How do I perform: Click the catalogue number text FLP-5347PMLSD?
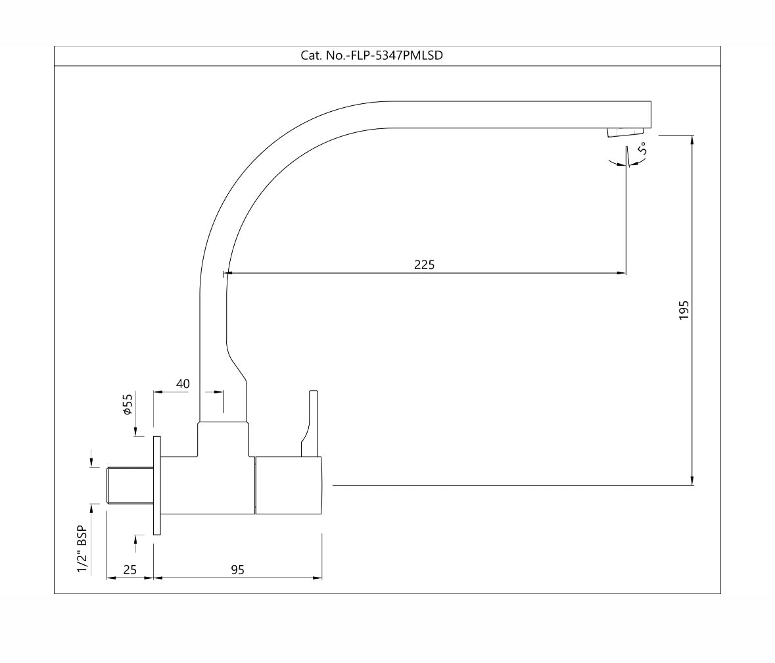point(371,56)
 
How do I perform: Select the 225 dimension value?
point(424,264)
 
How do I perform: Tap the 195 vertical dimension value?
point(684,310)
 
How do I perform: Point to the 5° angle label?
point(642,149)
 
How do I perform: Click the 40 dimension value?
point(183,383)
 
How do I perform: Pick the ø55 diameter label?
point(128,404)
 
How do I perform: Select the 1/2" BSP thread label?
point(82,549)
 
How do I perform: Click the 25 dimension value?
point(130,570)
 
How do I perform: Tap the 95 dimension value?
point(237,570)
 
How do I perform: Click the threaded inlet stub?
point(129,485)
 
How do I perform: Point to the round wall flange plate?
point(156,485)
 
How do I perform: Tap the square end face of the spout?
point(649,114)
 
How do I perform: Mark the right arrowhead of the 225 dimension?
point(622,272)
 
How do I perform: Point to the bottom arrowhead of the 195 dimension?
point(692,481)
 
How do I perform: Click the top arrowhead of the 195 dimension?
point(692,139)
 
